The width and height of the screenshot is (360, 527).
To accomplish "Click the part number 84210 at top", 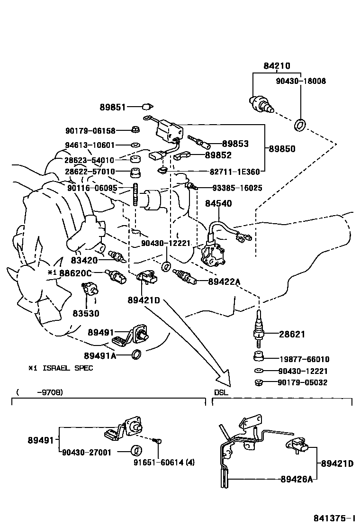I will pos(277,66).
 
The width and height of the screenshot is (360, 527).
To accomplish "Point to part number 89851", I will pos(113,107).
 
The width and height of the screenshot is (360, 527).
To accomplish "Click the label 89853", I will pos(235,144).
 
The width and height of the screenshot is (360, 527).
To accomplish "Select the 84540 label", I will pos(218,203).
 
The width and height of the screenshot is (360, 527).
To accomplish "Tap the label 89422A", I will pos(224,282).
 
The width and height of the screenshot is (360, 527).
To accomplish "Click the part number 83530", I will pos(86,313).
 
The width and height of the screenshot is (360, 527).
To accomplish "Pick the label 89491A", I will pos(100,355).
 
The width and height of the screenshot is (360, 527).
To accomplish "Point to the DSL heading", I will pos(221,393).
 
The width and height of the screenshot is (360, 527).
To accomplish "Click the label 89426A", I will pos(296,479).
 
